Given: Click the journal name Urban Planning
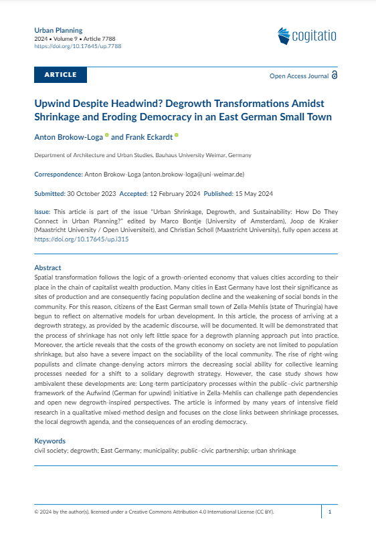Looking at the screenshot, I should click(58, 31).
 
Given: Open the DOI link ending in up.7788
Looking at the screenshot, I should click(77, 46).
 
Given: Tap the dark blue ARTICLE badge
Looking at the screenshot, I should click(60, 75).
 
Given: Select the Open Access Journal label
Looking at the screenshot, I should click(298, 76).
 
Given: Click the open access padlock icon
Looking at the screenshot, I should click(335, 76).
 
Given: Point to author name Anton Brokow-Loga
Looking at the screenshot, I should click(68, 136).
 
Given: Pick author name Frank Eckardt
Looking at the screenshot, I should click(148, 136).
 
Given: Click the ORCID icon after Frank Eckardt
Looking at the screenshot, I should click(177, 135).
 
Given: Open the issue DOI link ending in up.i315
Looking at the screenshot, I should click(81, 239).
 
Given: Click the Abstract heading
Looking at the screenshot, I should click(48, 267).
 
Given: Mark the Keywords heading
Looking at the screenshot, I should click(50, 441).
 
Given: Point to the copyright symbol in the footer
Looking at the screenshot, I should click(36, 512).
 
